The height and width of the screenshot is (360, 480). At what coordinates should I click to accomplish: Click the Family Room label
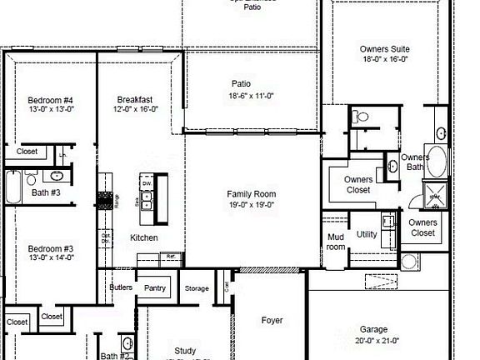point(252,194)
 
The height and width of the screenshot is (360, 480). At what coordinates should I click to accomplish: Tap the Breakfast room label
point(134,99)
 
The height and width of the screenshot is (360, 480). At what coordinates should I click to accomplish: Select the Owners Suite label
point(385,49)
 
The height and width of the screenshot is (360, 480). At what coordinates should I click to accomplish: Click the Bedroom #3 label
point(51,248)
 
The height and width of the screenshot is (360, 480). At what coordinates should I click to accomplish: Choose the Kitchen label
point(143,238)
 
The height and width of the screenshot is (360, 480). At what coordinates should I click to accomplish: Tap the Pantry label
point(155,288)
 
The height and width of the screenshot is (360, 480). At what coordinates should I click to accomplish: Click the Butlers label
point(121,287)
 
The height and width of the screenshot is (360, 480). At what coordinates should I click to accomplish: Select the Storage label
point(197,289)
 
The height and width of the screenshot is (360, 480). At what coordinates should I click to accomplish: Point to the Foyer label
point(272,320)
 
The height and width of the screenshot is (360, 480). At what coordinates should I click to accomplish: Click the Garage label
point(373,329)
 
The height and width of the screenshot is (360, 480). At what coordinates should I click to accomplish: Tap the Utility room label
point(367,234)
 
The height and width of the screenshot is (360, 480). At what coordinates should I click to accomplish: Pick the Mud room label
point(335,242)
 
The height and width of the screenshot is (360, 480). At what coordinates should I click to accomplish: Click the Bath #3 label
point(46,192)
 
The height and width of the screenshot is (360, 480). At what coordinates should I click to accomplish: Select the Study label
point(185,351)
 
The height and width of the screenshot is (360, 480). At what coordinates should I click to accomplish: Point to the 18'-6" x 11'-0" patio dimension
point(252,96)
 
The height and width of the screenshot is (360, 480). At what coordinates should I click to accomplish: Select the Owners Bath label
point(415,162)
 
